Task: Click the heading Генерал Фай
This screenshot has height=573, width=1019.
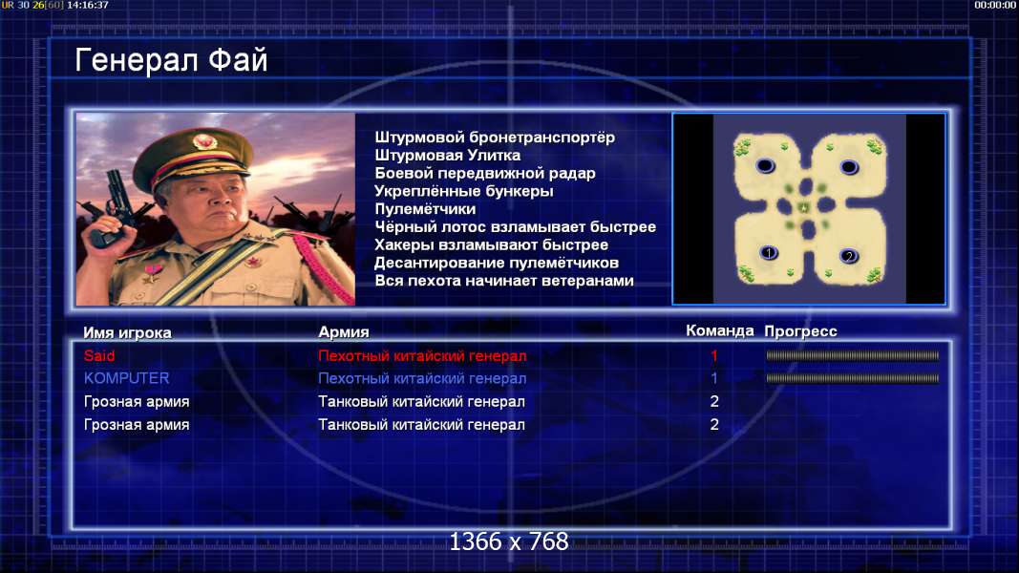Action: (171, 60)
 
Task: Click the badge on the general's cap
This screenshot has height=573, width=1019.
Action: (204, 141)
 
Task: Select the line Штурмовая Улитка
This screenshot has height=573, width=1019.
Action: (447, 156)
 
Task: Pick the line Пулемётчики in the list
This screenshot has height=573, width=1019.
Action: (425, 209)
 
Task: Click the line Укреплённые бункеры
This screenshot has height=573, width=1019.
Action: (464, 191)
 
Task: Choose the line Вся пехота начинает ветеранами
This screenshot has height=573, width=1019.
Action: (504, 281)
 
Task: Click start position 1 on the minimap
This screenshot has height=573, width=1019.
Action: (769, 252)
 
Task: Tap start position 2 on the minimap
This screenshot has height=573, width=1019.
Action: (849, 256)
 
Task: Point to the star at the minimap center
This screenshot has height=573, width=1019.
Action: (804, 207)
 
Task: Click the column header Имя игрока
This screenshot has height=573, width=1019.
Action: (127, 332)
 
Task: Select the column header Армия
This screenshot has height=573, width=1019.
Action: (344, 332)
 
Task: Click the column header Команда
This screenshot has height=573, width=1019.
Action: (720, 330)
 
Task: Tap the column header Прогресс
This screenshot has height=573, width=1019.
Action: (800, 331)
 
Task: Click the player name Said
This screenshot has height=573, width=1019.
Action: (99, 356)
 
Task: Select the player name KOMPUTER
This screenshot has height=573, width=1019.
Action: (127, 378)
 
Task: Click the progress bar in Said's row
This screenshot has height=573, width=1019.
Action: (852, 356)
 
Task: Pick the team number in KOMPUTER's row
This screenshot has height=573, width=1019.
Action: (714, 378)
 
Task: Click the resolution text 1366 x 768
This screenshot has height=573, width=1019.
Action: (509, 541)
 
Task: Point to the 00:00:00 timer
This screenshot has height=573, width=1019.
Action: (995, 5)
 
